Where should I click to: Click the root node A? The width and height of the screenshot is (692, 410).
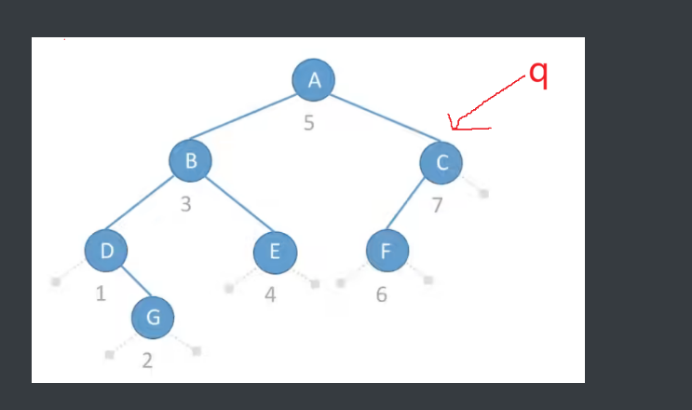(315, 80)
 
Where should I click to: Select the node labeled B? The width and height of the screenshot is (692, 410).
(190, 160)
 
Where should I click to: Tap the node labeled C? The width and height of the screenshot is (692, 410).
(442, 163)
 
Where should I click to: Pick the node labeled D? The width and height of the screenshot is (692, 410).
(106, 250)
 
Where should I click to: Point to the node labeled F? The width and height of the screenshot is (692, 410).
(387, 250)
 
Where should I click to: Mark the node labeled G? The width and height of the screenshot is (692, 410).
(153, 318)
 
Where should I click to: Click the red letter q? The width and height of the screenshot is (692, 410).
(537, 74)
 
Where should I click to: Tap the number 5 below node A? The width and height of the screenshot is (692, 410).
(309, 122)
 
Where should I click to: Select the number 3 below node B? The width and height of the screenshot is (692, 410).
(186, 204)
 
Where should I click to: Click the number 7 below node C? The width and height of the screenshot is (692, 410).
(437, 206)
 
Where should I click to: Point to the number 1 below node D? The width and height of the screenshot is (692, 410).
(101, 294)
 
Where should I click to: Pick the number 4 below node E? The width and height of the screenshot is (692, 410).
(270, 295)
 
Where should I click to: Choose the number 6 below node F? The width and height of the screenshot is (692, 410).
(382, 295)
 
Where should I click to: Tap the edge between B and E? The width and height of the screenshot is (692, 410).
(234, 206)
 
